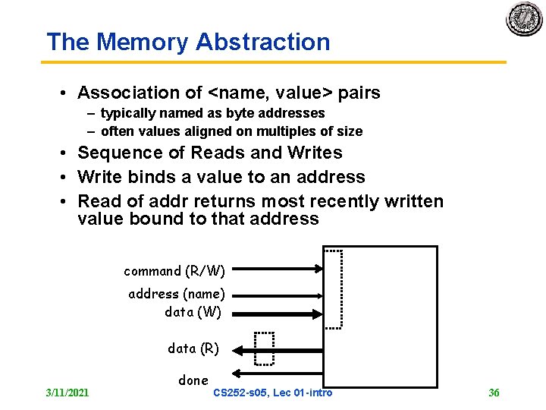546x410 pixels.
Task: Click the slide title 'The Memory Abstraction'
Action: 188,42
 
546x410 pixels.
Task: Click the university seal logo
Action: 524,19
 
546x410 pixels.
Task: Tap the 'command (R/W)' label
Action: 174,271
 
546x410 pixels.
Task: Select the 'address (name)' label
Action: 177,294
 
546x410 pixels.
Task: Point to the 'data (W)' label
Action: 193,311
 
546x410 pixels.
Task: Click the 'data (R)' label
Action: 193,348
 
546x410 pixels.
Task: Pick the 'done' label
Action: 193,380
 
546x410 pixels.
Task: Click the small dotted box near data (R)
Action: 264,348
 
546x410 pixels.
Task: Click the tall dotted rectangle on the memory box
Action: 334,289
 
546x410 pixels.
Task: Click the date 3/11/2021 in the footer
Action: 67,393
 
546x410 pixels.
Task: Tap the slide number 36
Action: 494,393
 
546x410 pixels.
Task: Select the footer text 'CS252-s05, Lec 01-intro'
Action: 273,393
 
